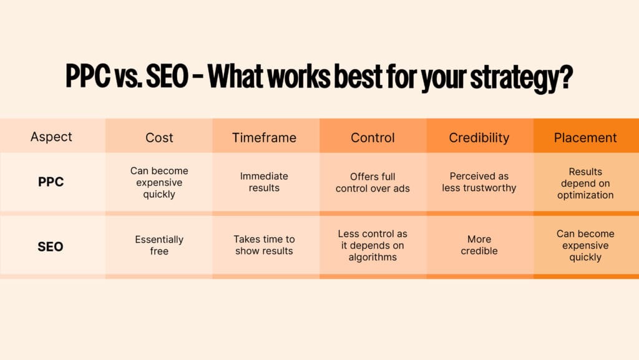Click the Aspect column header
point(51,137)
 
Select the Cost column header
point(159,138)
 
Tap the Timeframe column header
point(264,138)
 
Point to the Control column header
point(373,138)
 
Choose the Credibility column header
point(479,138)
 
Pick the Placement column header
point(585,138)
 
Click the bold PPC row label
point(51,182)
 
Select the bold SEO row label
point(51,246)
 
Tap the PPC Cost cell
point(159,182)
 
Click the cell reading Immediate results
point(264,182)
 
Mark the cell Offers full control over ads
point(373,182)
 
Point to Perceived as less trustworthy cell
point(479,182)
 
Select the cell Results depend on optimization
point(585,183)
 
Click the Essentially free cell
point(159,245)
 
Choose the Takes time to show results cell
point(264,245)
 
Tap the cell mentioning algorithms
point(373,245)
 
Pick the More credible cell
point(479,245)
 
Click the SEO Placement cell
point(585,245)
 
